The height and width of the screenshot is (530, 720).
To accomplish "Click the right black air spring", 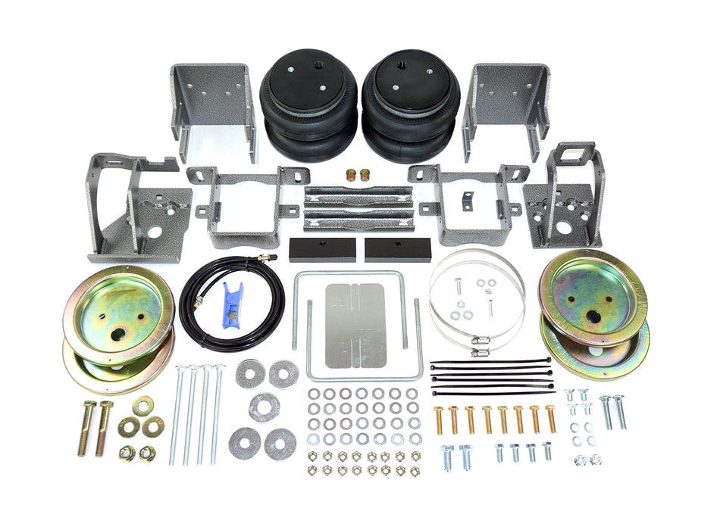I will (410, 106).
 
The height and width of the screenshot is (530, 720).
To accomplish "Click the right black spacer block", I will (397, 249).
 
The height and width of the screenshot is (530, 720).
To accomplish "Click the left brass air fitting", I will (351, 175).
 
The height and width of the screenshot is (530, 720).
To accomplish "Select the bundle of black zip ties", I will (491, 377).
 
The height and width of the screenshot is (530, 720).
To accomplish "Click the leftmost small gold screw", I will (438, 419).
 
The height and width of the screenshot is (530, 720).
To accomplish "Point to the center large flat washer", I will (264, 407).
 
